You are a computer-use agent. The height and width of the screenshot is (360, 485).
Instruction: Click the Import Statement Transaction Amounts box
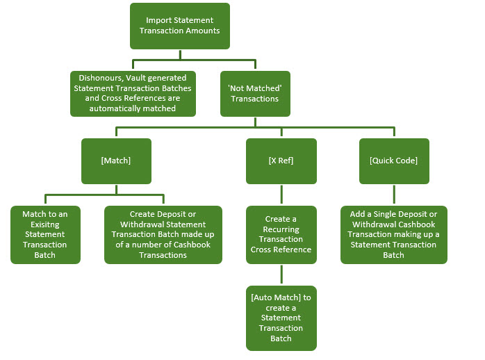180,26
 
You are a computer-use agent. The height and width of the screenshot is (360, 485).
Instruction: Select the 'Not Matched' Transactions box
255,94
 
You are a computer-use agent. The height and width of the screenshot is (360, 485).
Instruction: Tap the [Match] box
116,161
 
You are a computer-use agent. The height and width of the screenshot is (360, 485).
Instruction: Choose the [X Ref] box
281,161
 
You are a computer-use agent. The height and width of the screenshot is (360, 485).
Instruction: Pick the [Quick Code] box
394,161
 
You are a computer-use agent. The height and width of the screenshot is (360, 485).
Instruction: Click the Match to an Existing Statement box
45,235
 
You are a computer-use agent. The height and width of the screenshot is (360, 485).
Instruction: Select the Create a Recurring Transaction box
281,235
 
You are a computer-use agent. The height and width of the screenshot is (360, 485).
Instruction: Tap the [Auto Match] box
281,318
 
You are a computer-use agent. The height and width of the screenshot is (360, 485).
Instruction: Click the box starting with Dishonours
133,94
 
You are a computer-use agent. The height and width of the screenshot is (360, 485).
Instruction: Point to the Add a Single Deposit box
394,235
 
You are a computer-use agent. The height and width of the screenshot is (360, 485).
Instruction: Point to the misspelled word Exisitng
45,224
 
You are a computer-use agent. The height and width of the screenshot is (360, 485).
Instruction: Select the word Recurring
281,229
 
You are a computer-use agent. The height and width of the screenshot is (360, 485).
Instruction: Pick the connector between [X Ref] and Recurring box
281,195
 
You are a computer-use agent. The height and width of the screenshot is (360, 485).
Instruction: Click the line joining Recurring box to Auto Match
281,275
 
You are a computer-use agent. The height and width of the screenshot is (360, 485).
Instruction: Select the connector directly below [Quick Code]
394,195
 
